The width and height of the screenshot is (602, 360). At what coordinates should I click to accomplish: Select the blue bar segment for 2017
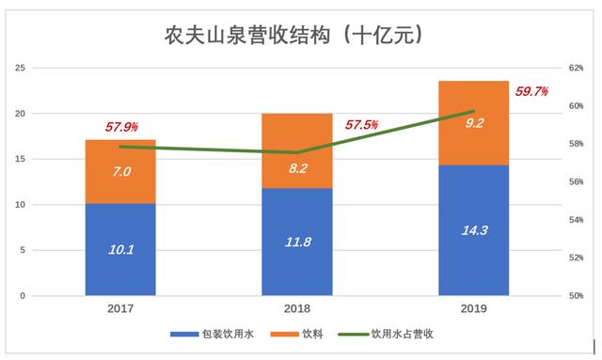(x=120, y=249)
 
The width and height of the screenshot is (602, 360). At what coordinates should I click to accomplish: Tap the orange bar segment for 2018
(x=297, y=150)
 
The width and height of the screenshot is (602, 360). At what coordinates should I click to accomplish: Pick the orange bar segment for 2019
(x=473, y=122)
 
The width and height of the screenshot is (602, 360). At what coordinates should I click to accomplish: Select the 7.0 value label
(x=120, y=172)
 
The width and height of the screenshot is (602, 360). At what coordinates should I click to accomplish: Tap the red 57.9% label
(x=121, y=125)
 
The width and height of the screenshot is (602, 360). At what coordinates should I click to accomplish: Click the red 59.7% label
(x=531, y=91)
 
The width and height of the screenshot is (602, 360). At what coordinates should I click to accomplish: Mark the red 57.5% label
(x=361, y=124)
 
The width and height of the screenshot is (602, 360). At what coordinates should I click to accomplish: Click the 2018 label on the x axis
(x=297, y=309)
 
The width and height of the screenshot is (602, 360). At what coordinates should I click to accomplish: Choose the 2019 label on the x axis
(x=473, y=309)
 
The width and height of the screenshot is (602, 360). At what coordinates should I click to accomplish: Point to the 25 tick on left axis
(x=20, y=68)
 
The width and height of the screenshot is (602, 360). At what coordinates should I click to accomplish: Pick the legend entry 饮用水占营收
(x=394, y=334)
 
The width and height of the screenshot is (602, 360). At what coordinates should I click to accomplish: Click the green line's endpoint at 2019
(x=473, y=111)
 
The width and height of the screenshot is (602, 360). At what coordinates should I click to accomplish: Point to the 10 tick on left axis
(x=20, y=205)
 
